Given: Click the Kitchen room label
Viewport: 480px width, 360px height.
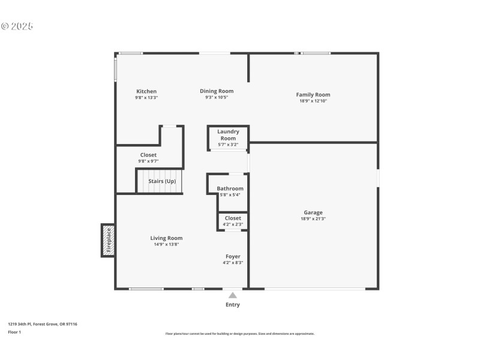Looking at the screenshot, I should (146, 91).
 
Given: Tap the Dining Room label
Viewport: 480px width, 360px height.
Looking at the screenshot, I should (217, 91).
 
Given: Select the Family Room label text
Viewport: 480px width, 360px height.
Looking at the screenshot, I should (313, 95).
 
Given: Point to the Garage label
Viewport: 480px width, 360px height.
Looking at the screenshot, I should (313, 212).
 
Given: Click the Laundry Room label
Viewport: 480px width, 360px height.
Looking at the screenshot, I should (228, 135).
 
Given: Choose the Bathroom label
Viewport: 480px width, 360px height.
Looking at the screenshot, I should (230, 188).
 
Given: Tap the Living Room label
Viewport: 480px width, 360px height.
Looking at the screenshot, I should (166, 238).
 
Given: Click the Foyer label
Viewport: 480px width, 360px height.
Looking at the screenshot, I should (233, 256).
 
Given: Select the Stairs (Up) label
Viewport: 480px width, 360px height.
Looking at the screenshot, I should (162, 181).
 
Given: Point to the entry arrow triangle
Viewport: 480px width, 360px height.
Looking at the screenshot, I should (233, 295).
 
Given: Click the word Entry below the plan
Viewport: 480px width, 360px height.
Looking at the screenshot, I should (233, 305).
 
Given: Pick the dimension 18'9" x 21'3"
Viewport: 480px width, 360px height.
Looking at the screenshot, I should (313, 219).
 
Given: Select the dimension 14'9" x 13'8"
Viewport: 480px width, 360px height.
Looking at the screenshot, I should (166, 245).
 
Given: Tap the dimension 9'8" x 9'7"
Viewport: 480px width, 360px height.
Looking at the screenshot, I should (148, 161).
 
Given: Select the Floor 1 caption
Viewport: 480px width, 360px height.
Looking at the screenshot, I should (14, 332).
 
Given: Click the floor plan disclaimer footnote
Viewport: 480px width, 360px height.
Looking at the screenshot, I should (239, 334).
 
